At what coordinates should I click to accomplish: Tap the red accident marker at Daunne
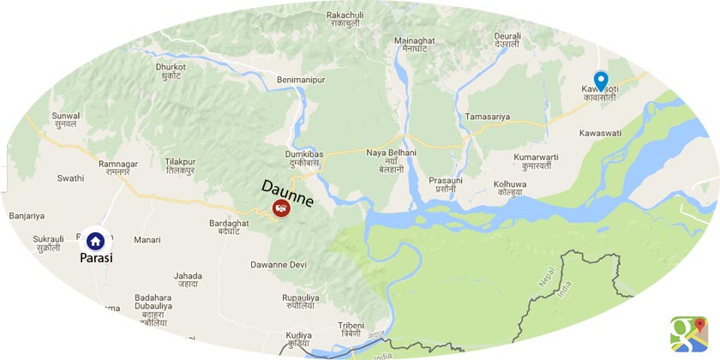[x=280, y=207]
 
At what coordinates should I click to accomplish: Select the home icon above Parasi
[x=95, y=240]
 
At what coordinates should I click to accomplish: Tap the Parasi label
[x=96, y=257]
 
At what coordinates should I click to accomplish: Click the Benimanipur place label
[x=303, y=80]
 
